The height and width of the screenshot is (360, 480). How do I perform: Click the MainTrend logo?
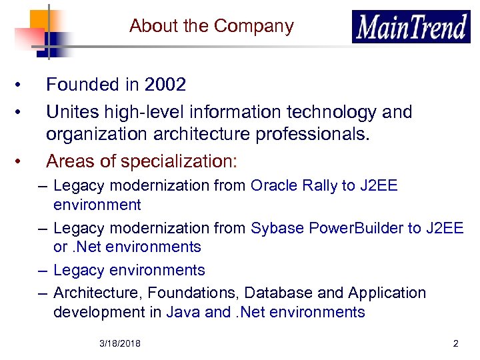pos(411,27)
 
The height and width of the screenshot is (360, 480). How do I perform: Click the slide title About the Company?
pos(211,26)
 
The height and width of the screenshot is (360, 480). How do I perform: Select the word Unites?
pos(69,112)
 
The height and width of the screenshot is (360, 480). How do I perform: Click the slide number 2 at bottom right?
pos(456,344)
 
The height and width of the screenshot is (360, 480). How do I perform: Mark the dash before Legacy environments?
pos(43,270)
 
